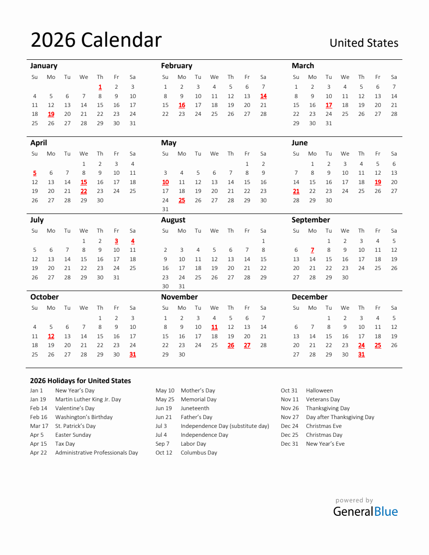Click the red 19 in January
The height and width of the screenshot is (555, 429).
[51, 114]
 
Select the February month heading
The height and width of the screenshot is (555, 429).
[176, 66]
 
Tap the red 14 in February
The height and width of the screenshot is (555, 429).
[263, 96]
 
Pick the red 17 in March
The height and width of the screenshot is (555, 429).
[329, 105]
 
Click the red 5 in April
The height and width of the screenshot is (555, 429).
[35, 173]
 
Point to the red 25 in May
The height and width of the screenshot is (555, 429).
[182, 200]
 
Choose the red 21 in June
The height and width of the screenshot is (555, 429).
[296, 191]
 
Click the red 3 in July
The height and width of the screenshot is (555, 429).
[116, 241]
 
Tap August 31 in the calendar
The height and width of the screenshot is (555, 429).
[182, 286]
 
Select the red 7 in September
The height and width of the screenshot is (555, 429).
[312, 250]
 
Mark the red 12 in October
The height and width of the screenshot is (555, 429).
[51, 336]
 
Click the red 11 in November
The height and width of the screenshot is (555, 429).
[214, 327]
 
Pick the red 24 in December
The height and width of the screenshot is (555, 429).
[361, 345]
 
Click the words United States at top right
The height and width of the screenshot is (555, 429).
[364, 43]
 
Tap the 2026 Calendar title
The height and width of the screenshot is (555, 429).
[96, 40]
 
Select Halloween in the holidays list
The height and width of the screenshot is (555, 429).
[319, 391]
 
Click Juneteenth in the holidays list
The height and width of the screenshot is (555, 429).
[195, 408]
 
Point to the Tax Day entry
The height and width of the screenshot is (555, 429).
[65, 444]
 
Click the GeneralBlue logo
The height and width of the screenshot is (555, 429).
[365, 511]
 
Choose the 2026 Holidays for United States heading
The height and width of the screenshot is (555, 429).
[80, 381]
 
